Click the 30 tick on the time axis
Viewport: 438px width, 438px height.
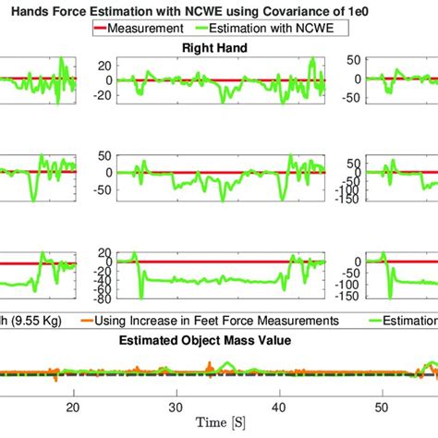click(x=176, y=408)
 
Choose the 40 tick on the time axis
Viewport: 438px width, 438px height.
click(x=279, y=408)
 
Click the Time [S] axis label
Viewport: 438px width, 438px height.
click(x=220, y=422)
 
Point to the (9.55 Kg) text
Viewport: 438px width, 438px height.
click(x=32, y=320)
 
